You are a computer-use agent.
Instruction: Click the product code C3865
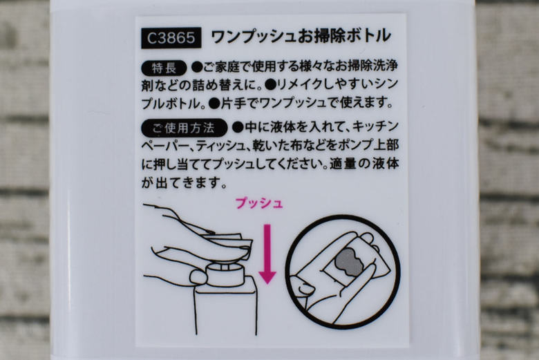pos(171,37)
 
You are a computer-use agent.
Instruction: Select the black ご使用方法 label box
pos(184,128)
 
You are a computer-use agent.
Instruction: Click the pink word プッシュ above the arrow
pos(258,204)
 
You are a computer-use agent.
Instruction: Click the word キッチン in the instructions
pos(376,128)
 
